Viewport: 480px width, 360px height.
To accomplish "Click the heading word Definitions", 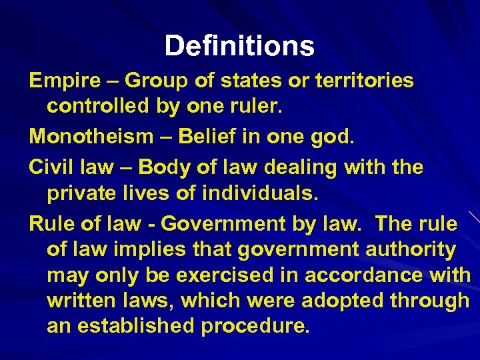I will point(239,46).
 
